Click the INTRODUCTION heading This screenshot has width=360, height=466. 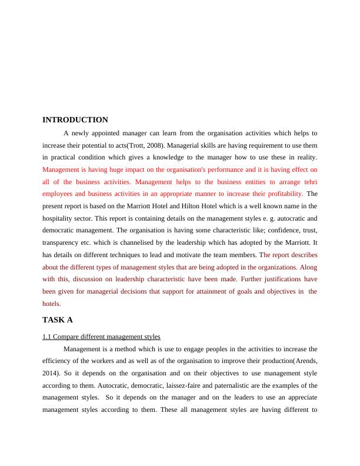click(x=75, y=120)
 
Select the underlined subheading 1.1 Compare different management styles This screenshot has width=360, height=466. click(x=101, y=337)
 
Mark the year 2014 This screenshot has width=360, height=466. click(x=51, y=373)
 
